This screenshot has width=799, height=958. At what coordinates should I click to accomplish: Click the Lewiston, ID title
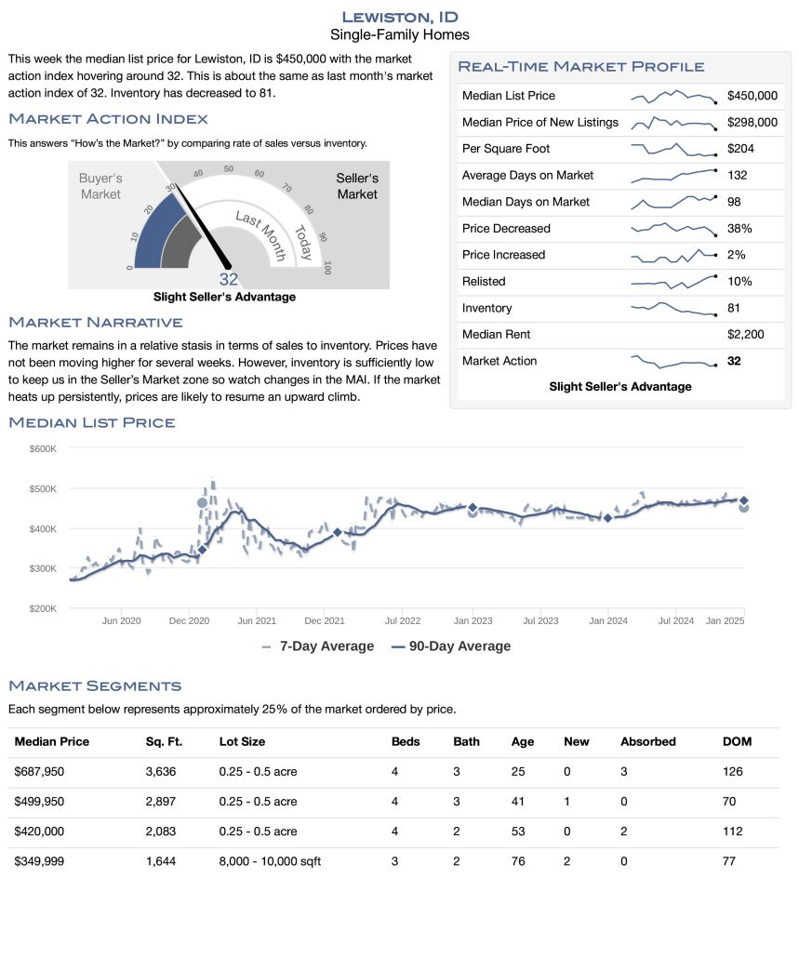click(399, 17)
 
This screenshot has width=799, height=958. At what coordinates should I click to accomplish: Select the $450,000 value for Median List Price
click(752, 96)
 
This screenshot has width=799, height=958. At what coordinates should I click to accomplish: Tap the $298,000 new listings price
click(752, 123)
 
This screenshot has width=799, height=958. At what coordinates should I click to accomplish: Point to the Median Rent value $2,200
click(747, 335)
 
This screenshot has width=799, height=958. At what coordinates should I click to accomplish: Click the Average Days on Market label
click(527, 176)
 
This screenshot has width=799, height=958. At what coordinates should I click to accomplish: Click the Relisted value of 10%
click(739, 282)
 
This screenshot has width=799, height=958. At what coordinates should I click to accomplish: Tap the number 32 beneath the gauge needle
click(229, 279)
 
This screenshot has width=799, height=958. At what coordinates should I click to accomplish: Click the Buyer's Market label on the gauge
click(100, 186)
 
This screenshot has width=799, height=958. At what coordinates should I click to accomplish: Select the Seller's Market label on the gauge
click(357, 186)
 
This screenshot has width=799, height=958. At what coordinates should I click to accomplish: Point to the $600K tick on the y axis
click(43, 448)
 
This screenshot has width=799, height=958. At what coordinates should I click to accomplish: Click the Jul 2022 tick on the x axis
click(403, 620)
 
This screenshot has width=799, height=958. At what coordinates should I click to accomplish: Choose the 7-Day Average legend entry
click(319, 646)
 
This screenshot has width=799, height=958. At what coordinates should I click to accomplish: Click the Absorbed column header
click(647, 742)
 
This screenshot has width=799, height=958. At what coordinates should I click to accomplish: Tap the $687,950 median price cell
click(39, 772)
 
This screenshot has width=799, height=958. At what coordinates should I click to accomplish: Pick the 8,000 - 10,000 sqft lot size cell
click(270, 862)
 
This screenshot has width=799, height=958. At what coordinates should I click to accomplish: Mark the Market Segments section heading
click(95, 686)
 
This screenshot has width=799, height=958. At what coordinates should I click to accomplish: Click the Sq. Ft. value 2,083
click(161, 832)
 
